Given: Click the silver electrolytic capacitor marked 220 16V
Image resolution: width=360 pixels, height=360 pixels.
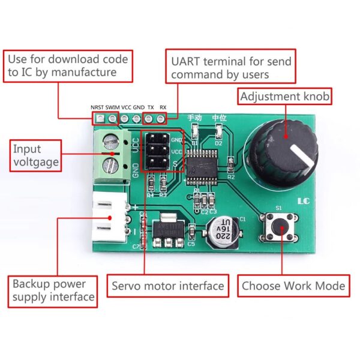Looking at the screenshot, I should tap(223, 230).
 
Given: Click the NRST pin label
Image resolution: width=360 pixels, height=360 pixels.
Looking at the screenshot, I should tap(97, 108).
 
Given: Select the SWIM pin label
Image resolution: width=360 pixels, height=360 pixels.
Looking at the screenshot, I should tap(112, 108).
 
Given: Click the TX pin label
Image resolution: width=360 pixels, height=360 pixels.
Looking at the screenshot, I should tap(150, 108).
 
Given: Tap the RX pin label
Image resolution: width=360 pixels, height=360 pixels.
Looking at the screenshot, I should tap(163, 108).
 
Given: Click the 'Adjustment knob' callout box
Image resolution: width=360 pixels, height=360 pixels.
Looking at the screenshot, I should tap(285, 96).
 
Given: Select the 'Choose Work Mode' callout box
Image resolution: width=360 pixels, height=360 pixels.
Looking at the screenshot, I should tap(293, 286).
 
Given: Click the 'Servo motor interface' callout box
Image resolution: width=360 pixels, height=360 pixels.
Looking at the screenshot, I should tap(167, 286).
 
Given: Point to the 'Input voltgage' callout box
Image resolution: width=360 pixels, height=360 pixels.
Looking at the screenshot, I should tap(35, 154).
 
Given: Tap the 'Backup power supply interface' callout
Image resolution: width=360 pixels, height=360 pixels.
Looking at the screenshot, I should tap(53, 290).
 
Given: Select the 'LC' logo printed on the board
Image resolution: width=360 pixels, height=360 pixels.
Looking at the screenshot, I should tap(304, 202).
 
